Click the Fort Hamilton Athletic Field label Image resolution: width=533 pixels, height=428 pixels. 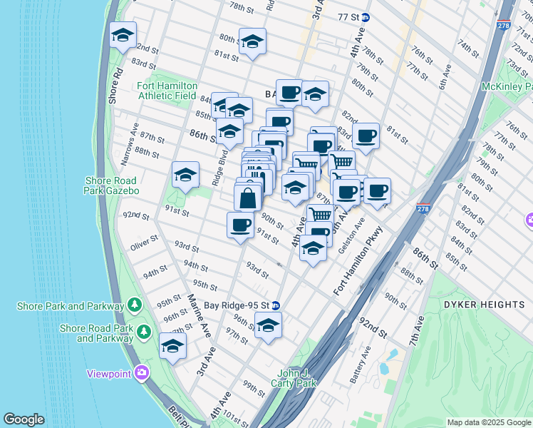[x=167, y=91]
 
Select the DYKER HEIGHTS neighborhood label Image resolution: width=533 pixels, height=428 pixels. [x=484, y=305]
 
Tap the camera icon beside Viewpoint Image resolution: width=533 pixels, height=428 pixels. [x=143, y=373]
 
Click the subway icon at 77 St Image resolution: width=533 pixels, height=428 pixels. [x=366, y=16]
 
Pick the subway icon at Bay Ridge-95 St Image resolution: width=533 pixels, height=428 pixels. [x=276, y=305]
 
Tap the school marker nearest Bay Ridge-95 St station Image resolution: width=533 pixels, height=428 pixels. [x=269, y=326]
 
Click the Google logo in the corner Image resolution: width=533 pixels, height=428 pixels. [x=24, y=419]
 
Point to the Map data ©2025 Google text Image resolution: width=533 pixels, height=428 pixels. [x=488, y=422]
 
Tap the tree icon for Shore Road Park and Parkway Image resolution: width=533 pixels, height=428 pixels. [x=144, y=332]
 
